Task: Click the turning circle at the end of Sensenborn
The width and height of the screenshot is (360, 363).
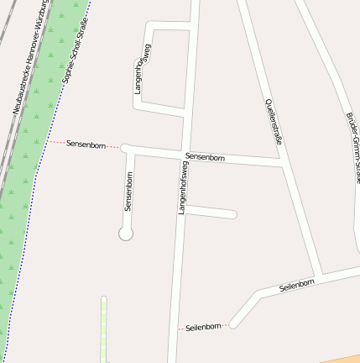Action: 126,234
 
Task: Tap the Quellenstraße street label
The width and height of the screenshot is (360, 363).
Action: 273,122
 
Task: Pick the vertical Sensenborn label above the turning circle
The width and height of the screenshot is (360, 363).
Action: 129,191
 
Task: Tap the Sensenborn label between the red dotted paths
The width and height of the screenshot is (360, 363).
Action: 86,145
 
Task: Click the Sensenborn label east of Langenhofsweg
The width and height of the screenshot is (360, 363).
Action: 205,157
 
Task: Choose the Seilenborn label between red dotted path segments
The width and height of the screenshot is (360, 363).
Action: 203,326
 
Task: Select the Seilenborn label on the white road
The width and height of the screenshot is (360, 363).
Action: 296,287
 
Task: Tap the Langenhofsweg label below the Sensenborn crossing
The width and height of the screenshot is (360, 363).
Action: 182,188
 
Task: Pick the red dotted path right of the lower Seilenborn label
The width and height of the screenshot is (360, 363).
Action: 227,324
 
